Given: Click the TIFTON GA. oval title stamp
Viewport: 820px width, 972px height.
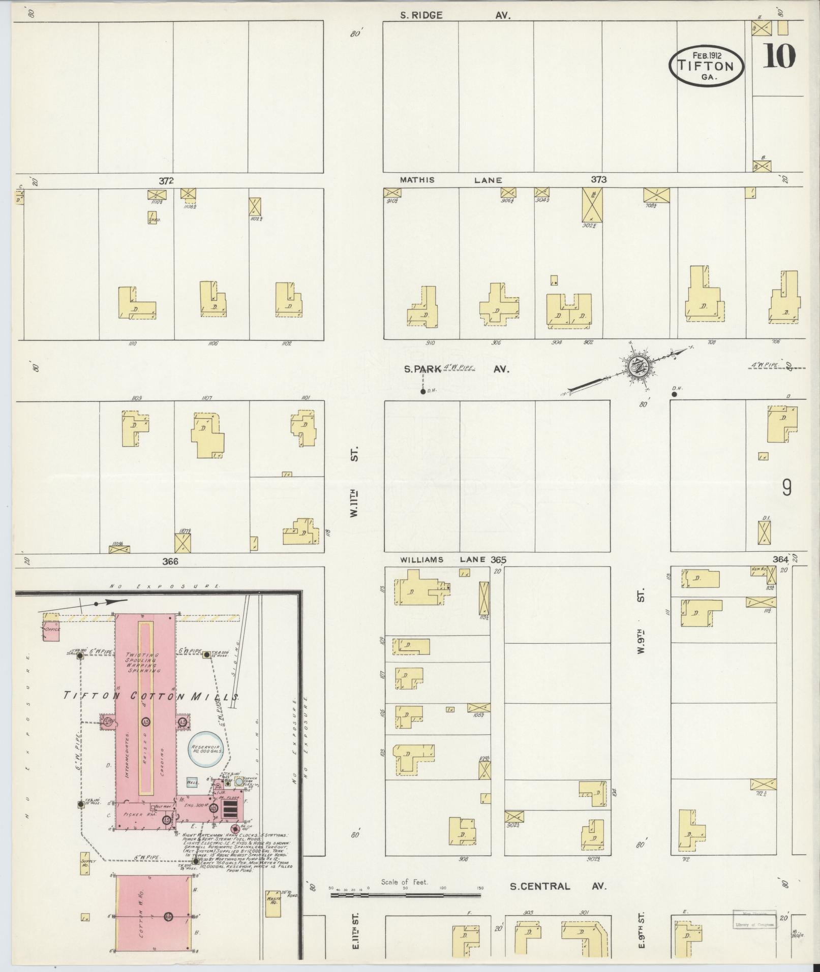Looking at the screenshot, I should (706, 65).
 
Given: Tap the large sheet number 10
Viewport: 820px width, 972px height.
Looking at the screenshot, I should (778, 56).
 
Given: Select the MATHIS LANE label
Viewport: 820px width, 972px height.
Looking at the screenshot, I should (451, 180).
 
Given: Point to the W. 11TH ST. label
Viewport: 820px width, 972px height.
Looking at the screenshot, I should (354, 482).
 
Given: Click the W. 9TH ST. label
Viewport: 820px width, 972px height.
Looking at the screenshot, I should (641, 620).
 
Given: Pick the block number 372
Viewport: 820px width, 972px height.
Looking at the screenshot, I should (166, 180).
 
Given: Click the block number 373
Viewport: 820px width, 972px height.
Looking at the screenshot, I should (598, 179).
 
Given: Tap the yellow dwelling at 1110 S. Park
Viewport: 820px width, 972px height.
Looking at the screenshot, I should (136, 304).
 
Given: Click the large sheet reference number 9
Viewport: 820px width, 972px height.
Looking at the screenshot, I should (786, 488).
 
